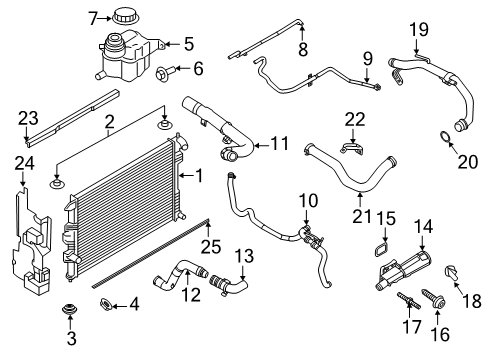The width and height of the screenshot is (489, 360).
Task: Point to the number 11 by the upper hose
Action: point(279,142)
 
